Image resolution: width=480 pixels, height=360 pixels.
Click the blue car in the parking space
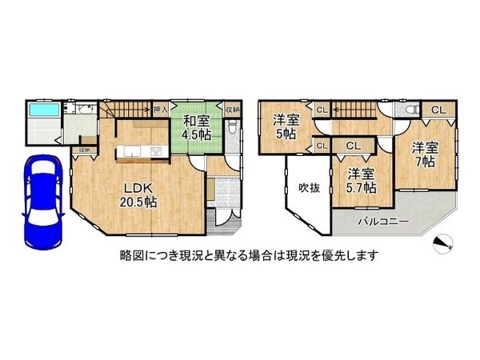point(40,199)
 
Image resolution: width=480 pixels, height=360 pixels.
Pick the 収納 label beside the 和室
point(230,108)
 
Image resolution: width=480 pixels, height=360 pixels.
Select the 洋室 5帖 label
point(285,126)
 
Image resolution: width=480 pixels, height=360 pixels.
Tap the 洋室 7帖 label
point(425,154)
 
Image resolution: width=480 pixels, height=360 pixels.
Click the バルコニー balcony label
point(383,220)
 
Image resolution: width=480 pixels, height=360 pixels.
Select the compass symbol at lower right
point(442,245)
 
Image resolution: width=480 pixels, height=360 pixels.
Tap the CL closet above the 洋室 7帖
point(438,110)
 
